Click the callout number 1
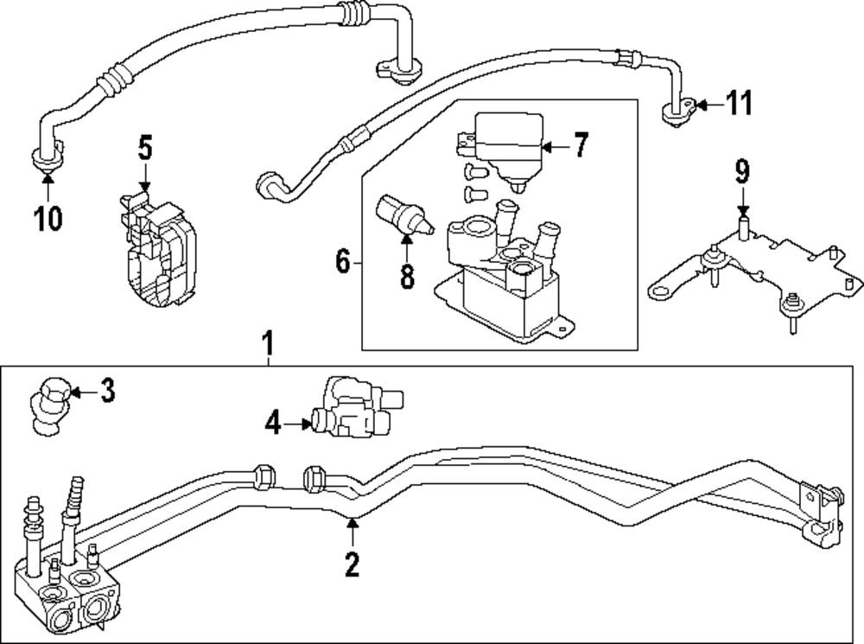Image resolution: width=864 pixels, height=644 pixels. click(x=269, y=344)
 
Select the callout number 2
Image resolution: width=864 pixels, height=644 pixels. click(x=352, y=564)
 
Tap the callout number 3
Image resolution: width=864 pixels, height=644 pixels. click(x=106, y=392)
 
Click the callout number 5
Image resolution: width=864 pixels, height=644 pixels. click(x=145, y=148)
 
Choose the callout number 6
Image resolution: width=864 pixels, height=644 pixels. click(x=343, y=260)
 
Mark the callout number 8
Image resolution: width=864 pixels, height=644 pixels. click(x=406, y=277)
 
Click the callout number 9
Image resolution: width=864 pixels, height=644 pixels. click(x=742, y=172)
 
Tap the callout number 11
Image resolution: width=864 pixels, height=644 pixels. click(x=738, y=105)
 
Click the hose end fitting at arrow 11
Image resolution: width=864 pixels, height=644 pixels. click(x=680, y=110)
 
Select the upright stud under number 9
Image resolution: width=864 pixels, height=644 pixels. click(x=742, y=229)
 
